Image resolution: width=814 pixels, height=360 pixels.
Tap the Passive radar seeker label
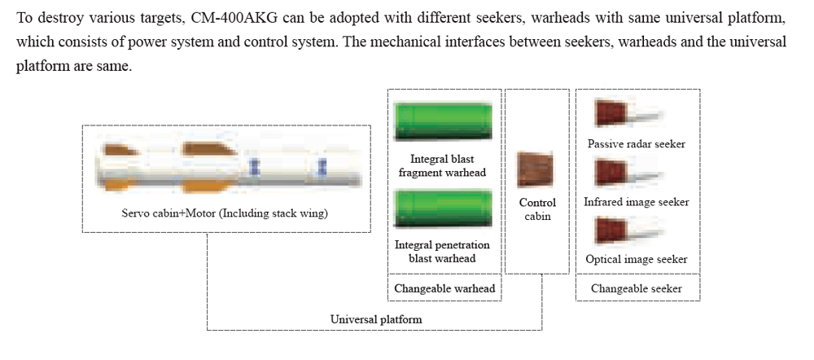click(x=636, y=144)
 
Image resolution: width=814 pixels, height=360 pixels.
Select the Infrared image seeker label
click(x=636, y=201)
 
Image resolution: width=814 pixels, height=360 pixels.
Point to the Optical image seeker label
click(x=636, y=259)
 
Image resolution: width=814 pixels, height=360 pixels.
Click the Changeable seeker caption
click(x=637, y=288)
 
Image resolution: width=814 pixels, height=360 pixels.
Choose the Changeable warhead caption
click(x=445, y=288)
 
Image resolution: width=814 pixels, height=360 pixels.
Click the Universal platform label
click(x=376, y=319)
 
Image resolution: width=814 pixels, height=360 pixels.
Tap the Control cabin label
click(x=537, y=209)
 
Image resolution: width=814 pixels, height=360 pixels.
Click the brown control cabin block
click(x=536, y=169)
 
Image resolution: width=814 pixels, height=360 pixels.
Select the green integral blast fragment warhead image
click(x=443, y=121)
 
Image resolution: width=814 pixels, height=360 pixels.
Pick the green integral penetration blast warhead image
click(x=443, y=209)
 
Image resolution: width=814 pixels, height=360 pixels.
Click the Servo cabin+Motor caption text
click(x=225, y=213)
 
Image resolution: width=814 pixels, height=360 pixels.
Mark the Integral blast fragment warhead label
click(x=442, y=165)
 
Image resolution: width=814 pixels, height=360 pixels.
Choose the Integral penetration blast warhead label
click(x=442, y=252)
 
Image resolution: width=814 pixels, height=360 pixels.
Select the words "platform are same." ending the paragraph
click(x=74, y=68)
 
